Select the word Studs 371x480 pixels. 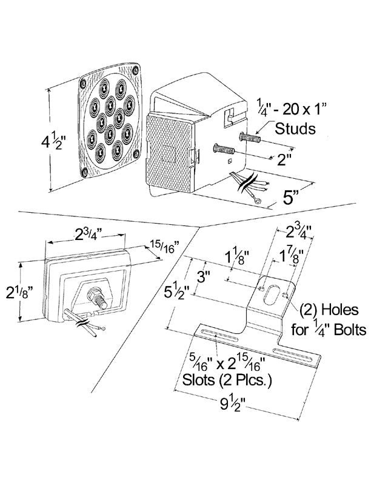pyautogui.click(x=295, y=128)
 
